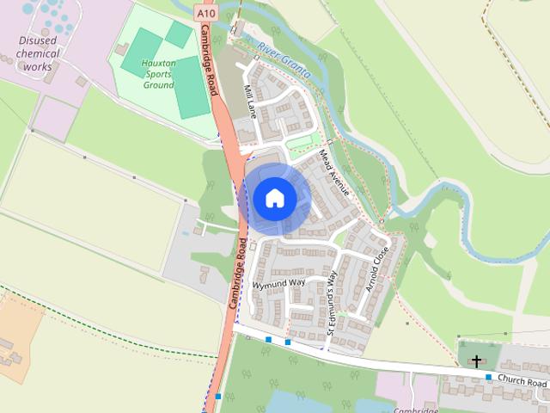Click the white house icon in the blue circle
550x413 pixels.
274,198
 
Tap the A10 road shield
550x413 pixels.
205,14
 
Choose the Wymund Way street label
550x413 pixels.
278,283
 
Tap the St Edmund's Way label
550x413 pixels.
332,297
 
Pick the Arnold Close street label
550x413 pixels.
378,270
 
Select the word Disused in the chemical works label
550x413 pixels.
38,40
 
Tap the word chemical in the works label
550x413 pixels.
40,53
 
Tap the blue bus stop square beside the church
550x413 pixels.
488,377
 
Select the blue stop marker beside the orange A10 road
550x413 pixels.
218,397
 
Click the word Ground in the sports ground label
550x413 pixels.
159,85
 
